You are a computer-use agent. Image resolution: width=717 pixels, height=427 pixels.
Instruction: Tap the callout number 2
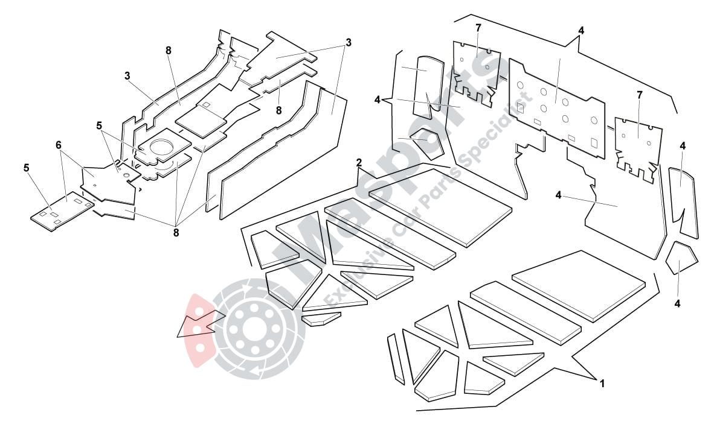pyautogui.click(x=359, y=162)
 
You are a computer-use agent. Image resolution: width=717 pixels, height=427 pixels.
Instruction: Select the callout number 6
pyautogui.click(x=59, y=145)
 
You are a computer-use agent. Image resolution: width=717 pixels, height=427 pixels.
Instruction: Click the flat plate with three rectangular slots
pyautogui.click(x=63, y=209)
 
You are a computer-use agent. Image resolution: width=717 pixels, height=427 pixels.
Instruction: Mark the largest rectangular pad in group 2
pyautogui.click(x=441, y=205)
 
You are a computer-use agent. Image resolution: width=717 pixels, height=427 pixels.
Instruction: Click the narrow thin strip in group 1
pyautogui.click(x=396, y=358)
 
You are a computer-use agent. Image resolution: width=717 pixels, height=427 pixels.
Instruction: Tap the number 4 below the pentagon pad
pyautogui.click(x=677, y=303)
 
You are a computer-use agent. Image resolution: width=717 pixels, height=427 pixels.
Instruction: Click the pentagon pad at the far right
pyautogui.click(x=681, y=258)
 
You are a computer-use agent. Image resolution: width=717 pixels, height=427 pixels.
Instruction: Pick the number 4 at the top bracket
pyautogui.click(x=580, y=30)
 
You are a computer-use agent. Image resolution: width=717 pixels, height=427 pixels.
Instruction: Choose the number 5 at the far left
pyautogui.click(x=27, y=168)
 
